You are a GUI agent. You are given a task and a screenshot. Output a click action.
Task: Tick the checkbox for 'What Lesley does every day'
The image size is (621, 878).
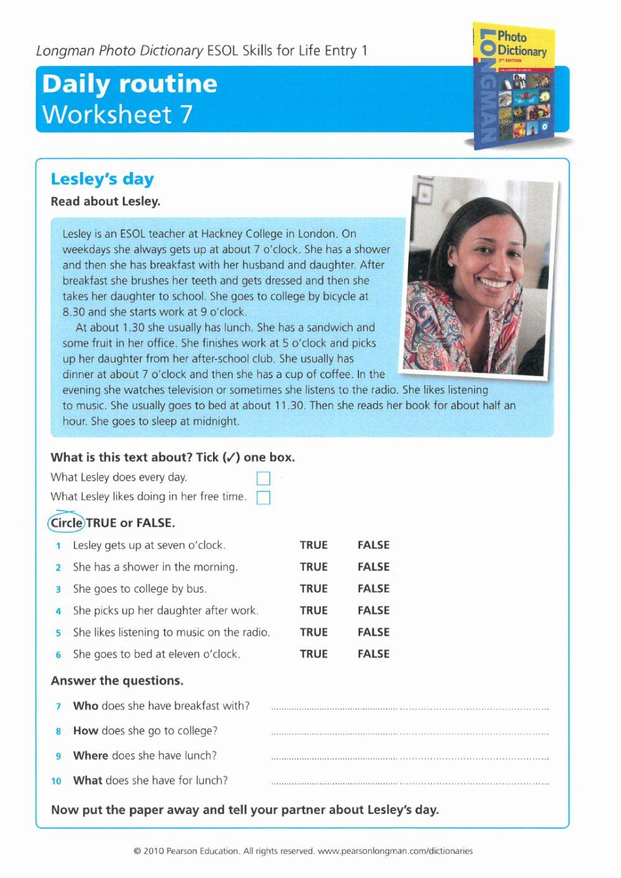point(263,478)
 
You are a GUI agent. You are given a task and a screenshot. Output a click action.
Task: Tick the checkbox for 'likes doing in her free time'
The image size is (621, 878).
point(263,498)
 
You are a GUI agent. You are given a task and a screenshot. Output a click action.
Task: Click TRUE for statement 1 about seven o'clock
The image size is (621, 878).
point(314,545)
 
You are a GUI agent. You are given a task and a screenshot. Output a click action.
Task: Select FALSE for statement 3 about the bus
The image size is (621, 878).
point(373,588)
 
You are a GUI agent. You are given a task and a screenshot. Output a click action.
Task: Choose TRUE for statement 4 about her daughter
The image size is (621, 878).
point(314,610)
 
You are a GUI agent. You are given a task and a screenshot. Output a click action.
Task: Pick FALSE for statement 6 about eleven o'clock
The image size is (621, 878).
point(373,654)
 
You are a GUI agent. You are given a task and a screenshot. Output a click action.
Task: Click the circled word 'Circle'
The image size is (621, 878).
point(66,523)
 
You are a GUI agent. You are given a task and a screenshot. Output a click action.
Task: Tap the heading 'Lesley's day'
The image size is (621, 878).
point(102,179)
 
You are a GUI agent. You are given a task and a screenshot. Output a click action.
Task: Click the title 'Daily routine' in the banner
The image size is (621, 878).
point(129,84)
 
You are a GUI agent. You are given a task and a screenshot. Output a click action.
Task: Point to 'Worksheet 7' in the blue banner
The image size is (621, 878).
point(117,114)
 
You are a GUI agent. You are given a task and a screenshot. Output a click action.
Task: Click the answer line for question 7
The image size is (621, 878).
point(410,707)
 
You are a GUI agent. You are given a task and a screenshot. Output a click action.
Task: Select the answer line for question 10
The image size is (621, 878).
point(410,782)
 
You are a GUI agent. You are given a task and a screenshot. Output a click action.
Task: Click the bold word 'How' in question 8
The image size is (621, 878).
point(86,731)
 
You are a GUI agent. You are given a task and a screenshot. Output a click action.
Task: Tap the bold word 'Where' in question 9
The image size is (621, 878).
point(91,756)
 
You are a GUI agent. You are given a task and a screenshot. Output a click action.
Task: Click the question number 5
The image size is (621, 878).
point(58,633)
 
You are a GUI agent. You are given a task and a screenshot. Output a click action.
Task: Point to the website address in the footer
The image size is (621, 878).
point(395,851)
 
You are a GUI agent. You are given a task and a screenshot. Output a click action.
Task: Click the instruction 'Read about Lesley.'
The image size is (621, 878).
point(106,201)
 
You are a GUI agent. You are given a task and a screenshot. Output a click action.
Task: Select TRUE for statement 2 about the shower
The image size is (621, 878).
point(314,567)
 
